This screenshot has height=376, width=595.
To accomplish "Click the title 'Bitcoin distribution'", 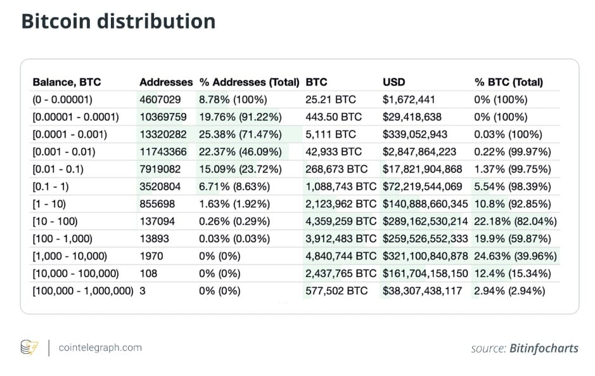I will (x=118, y=21).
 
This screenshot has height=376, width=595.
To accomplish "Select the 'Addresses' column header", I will (x=166, y=82).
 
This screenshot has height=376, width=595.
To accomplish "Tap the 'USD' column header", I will (x=393, y=82).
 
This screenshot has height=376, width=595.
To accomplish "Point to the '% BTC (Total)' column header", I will (x=508, y=82).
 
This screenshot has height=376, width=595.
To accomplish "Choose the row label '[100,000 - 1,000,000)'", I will (x=83, y=291).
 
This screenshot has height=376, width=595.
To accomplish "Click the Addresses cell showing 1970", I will (x=151, y=256).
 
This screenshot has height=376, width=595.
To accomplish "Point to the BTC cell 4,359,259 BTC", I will (x=341, y=222).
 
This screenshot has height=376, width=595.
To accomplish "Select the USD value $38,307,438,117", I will (x=423, y=291).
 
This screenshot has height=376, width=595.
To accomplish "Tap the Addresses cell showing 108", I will (x=148, y=274).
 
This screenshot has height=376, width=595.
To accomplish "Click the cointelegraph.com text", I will (x=100, y=347).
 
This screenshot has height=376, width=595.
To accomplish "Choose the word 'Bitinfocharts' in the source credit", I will (x=544, y=348).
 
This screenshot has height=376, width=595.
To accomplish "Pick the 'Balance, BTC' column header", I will (x=67, y=82).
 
